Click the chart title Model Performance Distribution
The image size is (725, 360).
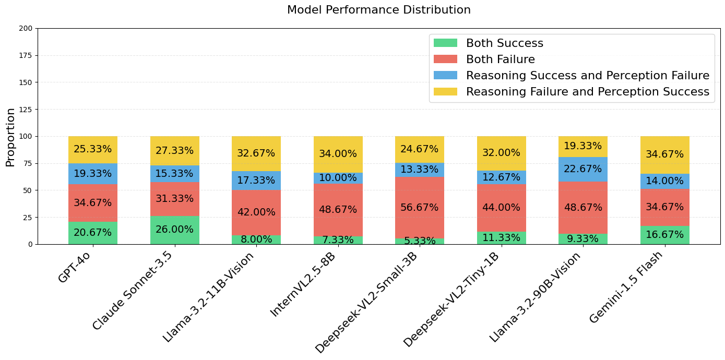click(378, 10)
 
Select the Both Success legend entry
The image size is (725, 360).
click(504, 43)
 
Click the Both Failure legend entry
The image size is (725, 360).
click(500, 59)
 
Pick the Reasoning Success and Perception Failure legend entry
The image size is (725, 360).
click(587, 76)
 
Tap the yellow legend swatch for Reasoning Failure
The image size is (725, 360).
click(445, 92)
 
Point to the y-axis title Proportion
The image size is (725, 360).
click(10, 137)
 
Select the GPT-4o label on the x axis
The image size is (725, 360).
click(75, 267)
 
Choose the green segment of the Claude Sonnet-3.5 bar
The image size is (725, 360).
click(174, 230)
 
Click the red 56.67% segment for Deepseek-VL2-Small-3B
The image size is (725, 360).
click(419, 208)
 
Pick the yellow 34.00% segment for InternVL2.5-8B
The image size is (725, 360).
click(338, 154)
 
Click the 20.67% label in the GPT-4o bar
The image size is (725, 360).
click(92, 233)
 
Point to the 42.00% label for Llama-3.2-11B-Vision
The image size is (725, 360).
click(256, 212)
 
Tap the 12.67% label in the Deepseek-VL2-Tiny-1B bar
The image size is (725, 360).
click(501, 177)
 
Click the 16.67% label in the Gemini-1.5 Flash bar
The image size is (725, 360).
click(664, 235)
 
